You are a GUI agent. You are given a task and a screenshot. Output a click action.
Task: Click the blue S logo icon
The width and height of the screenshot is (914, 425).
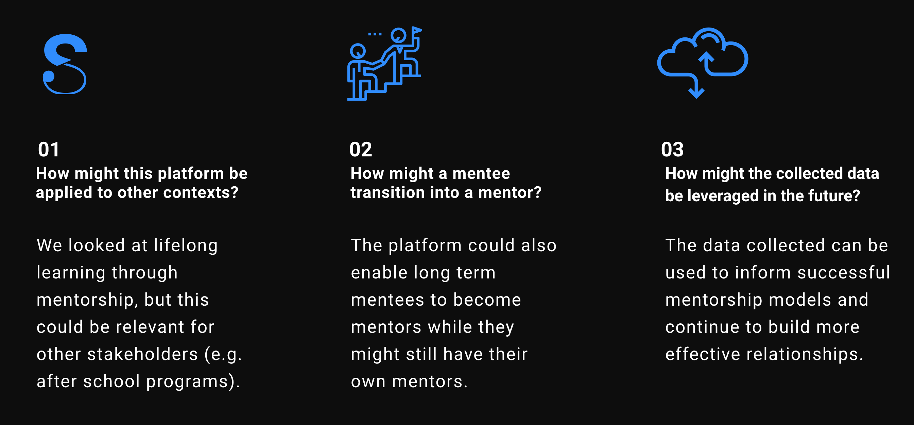click(65, 64)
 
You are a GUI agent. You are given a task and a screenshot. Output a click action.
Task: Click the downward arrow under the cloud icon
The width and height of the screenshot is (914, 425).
click(696, 87)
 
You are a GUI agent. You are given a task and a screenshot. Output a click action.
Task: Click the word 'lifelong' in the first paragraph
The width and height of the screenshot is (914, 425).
click(186, 246)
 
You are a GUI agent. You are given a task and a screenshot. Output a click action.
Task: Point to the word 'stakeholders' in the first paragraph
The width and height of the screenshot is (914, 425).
click(143, 354)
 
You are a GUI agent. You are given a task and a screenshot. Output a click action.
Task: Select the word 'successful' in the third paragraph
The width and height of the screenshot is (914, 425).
click(844, 273)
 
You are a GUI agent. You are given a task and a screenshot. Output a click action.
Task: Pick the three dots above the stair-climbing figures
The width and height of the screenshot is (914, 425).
click(375, 34)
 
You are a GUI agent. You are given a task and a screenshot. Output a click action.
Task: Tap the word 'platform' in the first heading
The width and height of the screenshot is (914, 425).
click(191, 174)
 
